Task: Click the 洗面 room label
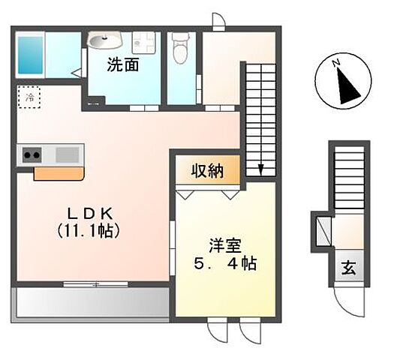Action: (x=123, y=65)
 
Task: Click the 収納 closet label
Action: (x=209, y=171)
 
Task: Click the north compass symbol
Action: (x=346, y=84)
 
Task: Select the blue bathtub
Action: (x=32, y=53)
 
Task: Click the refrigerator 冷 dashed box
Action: (x=30, y=97)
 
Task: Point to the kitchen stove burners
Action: (x=32, y=155)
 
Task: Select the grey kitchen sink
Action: (x=67, y=155)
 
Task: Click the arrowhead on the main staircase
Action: (x=260, y=170)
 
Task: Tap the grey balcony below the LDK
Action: (x=90, y=301)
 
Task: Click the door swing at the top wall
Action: (x=218, y=22)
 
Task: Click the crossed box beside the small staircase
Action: (x=323, y=230)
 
